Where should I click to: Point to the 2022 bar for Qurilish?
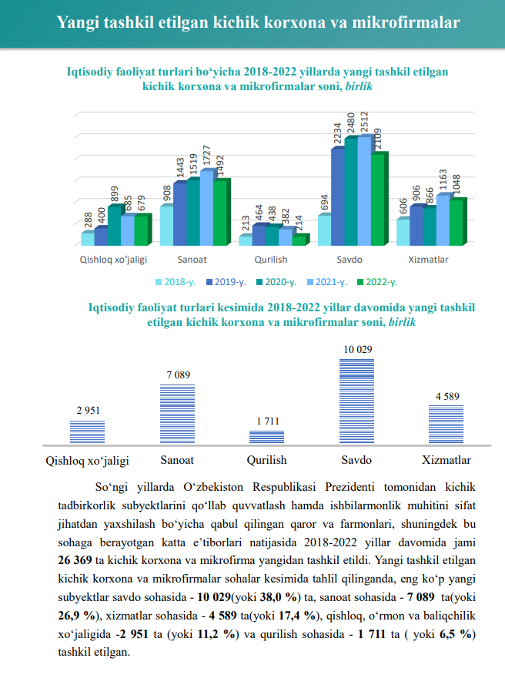(299, 240)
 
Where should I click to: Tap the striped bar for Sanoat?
(177, 415)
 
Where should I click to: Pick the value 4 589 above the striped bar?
(447, 397)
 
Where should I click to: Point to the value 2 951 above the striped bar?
(88, 411)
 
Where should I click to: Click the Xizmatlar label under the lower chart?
(446, 461)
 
